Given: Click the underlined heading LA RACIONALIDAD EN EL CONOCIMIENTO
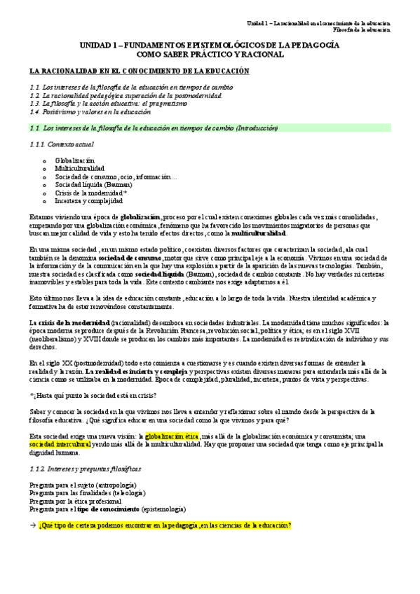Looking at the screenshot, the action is [x=138, y=72].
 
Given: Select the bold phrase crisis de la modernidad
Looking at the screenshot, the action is [x=70, y=322].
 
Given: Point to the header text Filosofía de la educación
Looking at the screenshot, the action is [x=362, y=30].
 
